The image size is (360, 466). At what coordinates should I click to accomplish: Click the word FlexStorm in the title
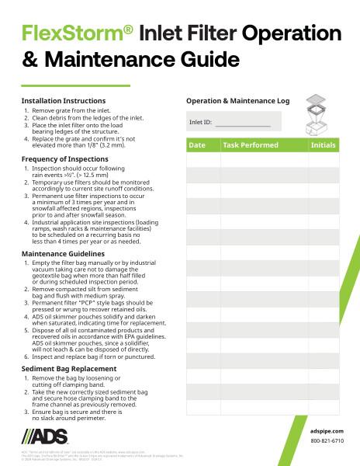click(x=74, y=33)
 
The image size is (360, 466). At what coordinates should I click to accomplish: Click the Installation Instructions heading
click(x=64, y=101)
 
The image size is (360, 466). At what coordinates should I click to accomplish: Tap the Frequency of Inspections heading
click(x=64, y=158)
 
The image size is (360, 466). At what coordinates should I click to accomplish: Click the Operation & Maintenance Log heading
click(x=237, y=101)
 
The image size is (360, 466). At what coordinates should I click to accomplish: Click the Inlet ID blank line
click(x=243, y=123)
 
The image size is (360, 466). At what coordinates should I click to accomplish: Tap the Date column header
click(x=197, y=145)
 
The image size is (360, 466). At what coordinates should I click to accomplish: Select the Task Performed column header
click(x=250, y=145)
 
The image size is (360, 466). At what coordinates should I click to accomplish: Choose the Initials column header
click(x=323, y=145)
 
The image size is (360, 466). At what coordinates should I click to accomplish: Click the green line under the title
click(x=75, y=85)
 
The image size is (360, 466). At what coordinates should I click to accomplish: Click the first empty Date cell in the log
click(x=203, y=160)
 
